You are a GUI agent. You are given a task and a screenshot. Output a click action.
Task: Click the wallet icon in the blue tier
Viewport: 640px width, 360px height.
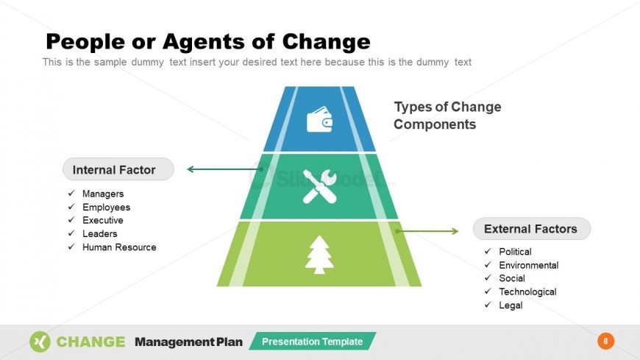(319, 119)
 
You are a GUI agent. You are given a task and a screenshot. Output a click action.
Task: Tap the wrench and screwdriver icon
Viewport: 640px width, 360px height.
(319, 186)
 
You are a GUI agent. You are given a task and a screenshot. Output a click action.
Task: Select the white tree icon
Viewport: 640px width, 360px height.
(319, 255)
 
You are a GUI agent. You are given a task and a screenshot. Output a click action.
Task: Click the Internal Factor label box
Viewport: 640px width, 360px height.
(118, 170)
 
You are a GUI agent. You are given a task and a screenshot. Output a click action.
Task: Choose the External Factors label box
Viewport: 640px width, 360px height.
(531, 229)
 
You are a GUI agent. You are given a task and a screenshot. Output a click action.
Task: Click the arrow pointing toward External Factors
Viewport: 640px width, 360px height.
(427, 231)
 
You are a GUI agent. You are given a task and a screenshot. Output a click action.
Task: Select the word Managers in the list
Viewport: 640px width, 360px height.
(103, 194)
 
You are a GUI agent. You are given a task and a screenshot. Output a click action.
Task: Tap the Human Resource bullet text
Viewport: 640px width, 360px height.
(119, 247)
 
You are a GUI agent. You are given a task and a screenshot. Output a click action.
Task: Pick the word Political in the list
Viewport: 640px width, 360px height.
(515, 252)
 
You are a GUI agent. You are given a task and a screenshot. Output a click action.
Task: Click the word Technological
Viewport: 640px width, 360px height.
(527, 292)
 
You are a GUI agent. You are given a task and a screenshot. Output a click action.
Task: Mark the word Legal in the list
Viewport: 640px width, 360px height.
(511, 305)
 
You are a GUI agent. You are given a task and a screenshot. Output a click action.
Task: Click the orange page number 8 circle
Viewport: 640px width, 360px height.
(605, 341)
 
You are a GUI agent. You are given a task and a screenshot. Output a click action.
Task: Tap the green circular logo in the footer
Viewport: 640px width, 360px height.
(40, 342)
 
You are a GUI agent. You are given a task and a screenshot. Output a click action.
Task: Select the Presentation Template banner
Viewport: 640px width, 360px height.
(312, 342)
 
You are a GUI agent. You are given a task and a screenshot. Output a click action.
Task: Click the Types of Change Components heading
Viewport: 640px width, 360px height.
(447, 116)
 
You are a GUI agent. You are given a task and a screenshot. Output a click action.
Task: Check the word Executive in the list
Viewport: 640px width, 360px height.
(103, 220)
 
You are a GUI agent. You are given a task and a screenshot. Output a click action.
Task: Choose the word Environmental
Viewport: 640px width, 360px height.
(528, 265)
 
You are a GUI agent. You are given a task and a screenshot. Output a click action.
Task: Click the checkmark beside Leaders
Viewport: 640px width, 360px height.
(71, 233)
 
